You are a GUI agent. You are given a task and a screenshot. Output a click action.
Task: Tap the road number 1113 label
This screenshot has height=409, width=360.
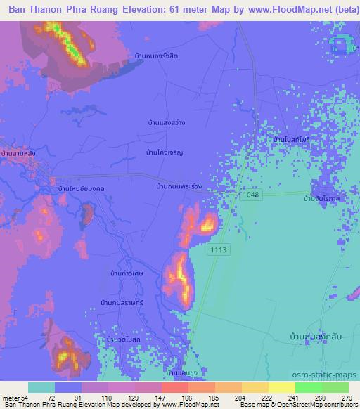[x=217, y=249]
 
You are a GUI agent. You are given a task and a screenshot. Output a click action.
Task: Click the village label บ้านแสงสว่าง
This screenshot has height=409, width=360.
[x=167, y=122]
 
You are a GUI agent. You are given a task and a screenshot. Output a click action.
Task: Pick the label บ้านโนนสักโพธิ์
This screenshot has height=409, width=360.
[x=292, y=140]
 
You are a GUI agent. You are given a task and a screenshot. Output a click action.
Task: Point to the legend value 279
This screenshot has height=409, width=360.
[x=348, y=397]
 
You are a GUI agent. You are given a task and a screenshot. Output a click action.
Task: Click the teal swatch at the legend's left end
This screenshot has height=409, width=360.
[x=41, y=387]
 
